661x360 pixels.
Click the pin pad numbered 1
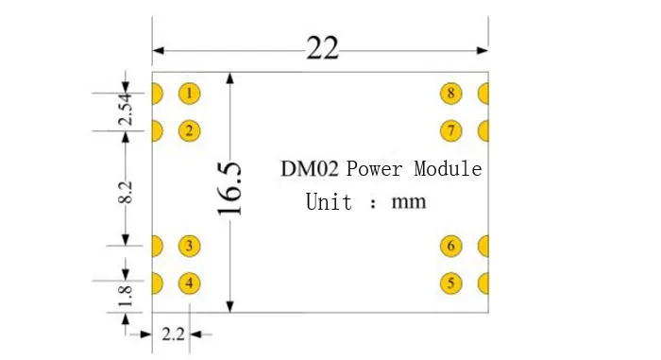(189, 94)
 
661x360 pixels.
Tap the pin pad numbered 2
(189, 130)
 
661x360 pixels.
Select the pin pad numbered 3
(189, 246)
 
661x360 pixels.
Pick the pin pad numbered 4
(189, 283)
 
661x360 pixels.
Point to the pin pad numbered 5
(451, 283)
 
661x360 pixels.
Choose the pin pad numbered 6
(451, 246)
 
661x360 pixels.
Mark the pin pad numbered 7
(451, 130)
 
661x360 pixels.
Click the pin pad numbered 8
(451, 94)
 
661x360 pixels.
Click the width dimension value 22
(323, 47)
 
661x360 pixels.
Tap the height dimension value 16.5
(229, 189)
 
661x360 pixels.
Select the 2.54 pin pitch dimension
(126, 109)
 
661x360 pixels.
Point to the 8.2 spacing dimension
(126, 193)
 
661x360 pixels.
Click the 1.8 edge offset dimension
(126, 297)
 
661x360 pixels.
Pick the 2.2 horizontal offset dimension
(173, 334)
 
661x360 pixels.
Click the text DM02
(310, 168)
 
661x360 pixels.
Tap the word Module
(448, 168)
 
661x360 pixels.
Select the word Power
(374, 169)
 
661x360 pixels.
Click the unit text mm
(409, 202)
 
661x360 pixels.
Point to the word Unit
(329, 201)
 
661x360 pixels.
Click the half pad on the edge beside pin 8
(483, 94)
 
